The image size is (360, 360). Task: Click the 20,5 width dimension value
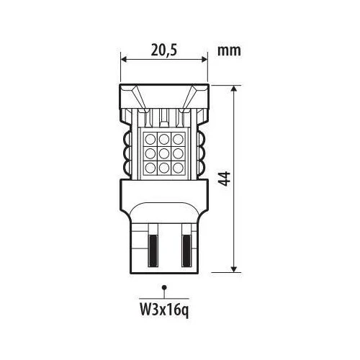point(164,50)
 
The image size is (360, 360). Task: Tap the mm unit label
point(229,51)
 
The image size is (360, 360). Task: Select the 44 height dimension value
point(225,179)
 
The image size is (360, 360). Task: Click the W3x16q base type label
point(164,310)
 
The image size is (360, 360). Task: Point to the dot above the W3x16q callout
point(164,287)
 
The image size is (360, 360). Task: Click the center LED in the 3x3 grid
point(164,153)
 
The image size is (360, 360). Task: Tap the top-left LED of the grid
point(150,140)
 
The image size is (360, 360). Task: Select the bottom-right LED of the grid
point(178,168)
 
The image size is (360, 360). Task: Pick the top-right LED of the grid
point(178,140)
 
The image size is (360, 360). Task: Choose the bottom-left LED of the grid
point(150,168)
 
